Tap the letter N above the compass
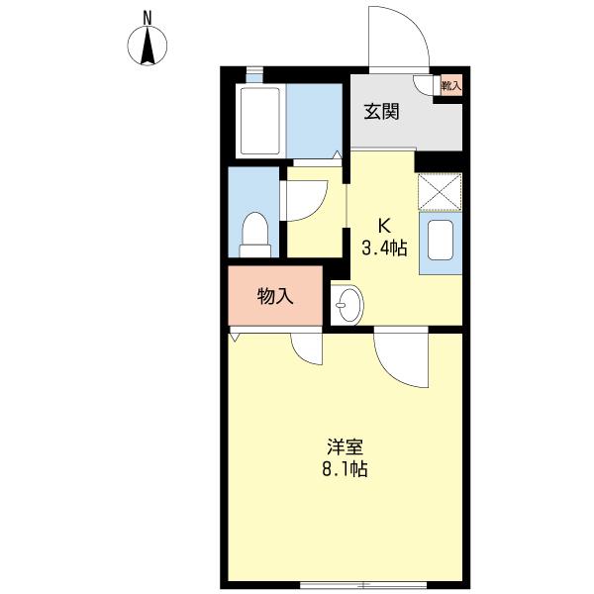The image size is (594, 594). coord(148,17)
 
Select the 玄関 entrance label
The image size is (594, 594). coord(381,112)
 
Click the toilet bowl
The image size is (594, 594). coord(255,234)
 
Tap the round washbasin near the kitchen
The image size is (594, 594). coord(347,304)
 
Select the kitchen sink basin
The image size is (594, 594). coord(440,242)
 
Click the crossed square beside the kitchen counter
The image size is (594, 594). coord(440,192)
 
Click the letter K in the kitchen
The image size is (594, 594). coord(381,224)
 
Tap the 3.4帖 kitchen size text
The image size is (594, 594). coord(382,248)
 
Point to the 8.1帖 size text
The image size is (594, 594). coord(344,469)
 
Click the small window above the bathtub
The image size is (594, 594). coord(254,74)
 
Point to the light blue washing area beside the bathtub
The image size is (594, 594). coord(315,121)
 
